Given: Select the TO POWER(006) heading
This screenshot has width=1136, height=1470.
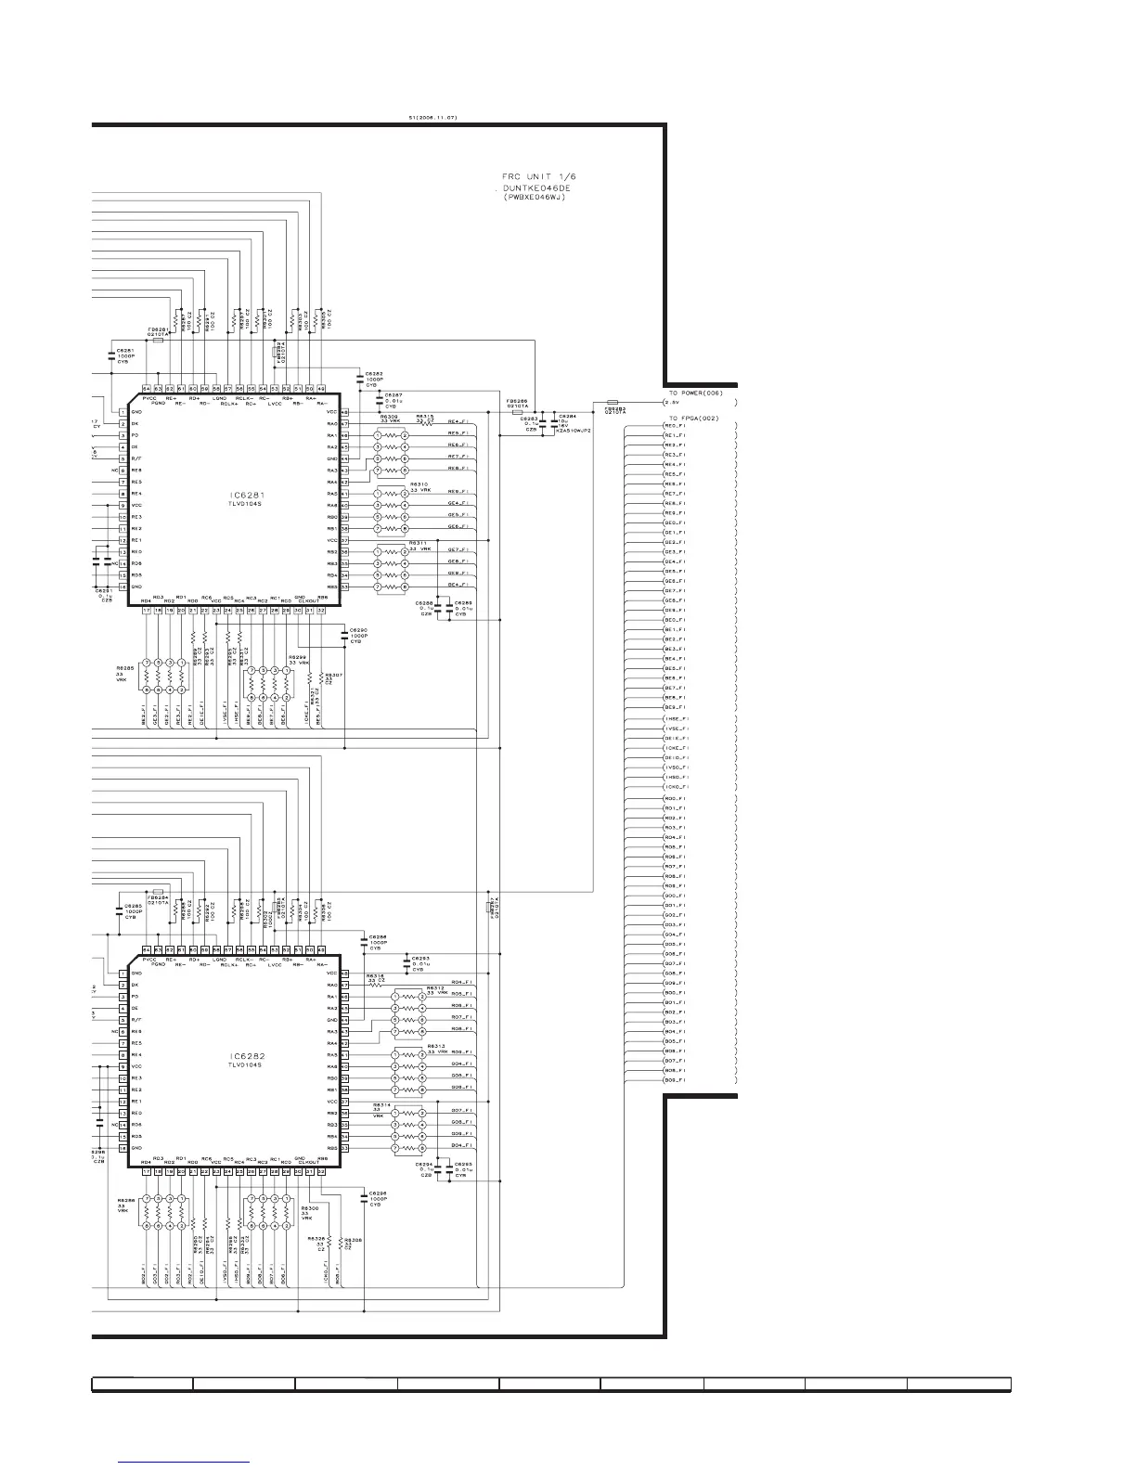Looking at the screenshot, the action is point(695,393).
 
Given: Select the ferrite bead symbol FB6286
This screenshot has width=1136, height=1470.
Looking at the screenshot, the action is point(518,412).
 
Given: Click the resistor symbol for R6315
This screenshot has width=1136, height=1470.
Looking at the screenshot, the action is point(429,424).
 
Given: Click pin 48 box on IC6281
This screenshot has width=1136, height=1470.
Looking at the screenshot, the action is point(344,412).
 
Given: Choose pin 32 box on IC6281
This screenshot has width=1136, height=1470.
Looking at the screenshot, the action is point(321,611).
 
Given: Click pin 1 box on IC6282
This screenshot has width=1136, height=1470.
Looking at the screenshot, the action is point(123,973).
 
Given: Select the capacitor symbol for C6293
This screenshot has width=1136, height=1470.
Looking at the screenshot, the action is point(406,961).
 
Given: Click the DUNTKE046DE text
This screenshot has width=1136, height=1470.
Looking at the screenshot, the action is point(538,187).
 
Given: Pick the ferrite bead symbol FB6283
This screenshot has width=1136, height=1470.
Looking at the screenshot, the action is point(612,403).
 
